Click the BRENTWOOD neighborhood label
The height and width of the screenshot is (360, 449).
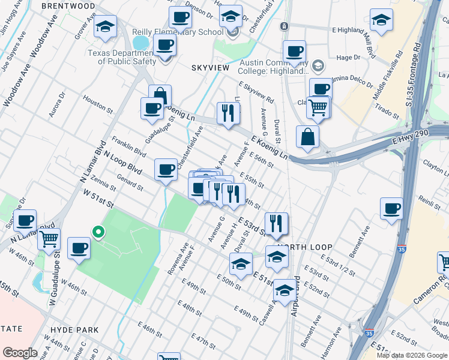[x=68, y=6]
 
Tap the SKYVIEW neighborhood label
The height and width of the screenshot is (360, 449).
[x=210, y=68]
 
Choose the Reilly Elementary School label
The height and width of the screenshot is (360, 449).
[x=187, y=31]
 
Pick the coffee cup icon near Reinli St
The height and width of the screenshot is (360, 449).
[x=391, y=208]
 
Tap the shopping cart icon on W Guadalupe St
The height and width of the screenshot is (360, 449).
[x=49, y=238]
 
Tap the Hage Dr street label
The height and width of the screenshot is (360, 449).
[x=348, y=58]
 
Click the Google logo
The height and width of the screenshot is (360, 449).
[x=20, y=353]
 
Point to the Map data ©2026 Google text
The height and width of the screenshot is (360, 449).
[x=411, y=355]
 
